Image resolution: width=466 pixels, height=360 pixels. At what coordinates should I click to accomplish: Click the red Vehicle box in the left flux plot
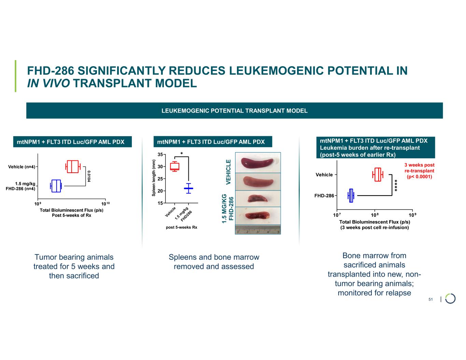(73, 166)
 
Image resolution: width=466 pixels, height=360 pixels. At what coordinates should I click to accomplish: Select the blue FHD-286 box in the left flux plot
(56, 186)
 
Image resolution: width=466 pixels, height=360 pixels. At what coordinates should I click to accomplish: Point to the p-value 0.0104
(89, 176)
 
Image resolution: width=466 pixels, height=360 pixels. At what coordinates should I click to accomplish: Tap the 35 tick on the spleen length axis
(160, 154)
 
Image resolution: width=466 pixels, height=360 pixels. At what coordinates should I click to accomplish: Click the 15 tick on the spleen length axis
(160, 203)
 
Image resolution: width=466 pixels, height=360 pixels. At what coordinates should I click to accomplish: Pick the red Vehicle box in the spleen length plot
(174, 167)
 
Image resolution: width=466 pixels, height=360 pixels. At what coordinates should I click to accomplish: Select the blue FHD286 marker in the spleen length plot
(188, 188)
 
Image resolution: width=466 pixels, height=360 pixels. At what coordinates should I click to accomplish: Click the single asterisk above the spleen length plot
(182, 154)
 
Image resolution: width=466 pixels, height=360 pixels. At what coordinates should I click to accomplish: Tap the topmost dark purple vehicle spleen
(257, 162)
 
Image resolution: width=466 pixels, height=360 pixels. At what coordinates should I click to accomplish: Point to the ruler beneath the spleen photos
(258, 229)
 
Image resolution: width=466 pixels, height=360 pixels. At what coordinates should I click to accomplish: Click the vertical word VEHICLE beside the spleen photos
(228, 172)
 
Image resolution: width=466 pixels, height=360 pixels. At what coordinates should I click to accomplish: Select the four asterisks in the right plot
(396, 185)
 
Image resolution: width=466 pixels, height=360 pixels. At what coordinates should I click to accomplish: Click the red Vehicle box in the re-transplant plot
(378, 174)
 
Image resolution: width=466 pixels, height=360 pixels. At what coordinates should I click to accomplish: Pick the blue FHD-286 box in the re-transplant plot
(351, 196)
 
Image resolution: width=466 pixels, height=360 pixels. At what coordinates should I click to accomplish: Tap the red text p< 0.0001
(419, 176)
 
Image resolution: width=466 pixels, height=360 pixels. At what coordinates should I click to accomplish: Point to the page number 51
(430, 299)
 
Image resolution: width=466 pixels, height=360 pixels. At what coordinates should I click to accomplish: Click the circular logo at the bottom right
(450, 299)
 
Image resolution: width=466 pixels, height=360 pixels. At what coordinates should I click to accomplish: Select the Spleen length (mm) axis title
(154, 178)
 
